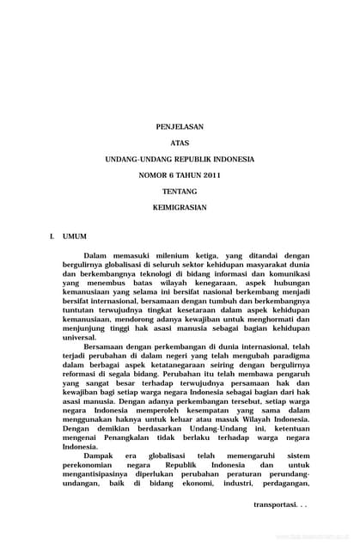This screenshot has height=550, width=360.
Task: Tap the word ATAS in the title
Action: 180,144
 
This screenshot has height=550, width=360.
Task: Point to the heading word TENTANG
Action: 180,192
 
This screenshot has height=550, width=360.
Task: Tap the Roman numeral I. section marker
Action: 52,235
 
